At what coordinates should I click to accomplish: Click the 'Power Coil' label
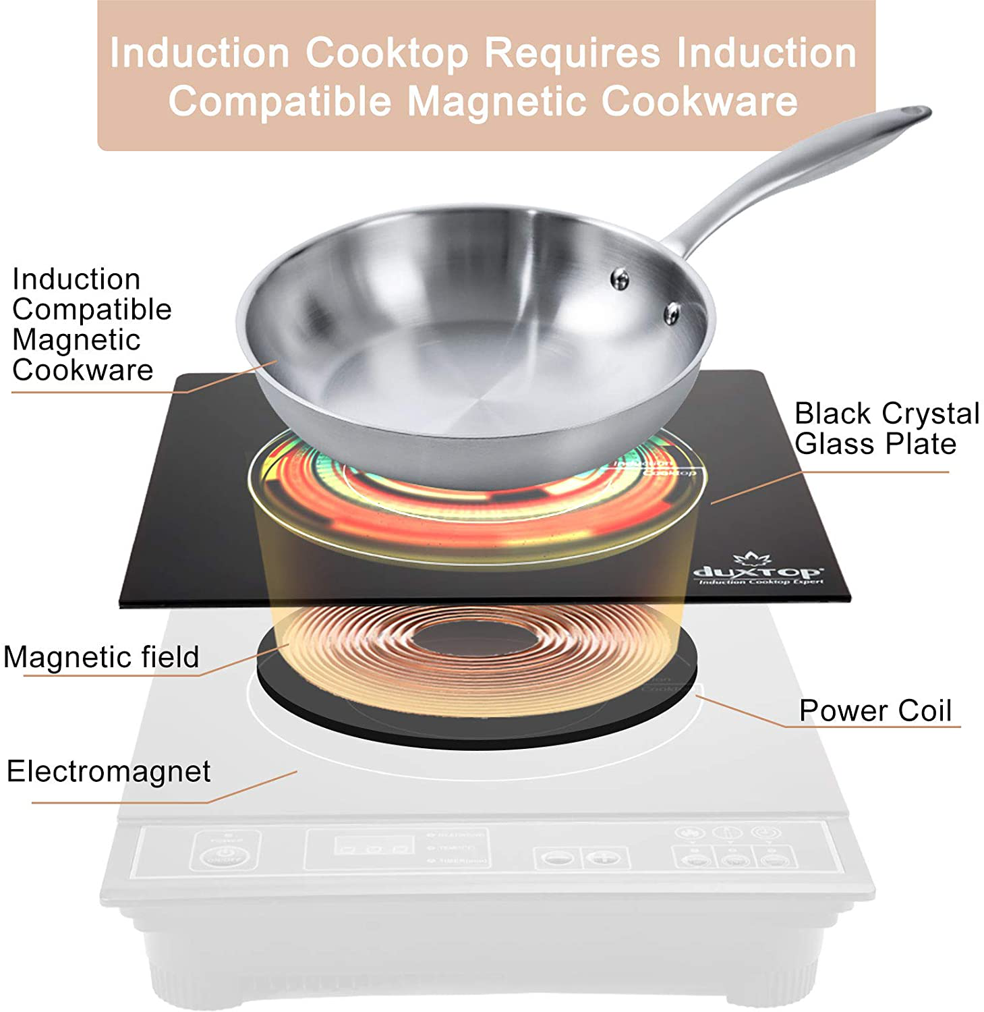pos(875,710)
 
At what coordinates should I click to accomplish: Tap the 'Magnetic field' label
pos(101,657)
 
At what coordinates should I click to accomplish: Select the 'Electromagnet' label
pos(109,771)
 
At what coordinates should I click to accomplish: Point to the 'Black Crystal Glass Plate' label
pos(886,428)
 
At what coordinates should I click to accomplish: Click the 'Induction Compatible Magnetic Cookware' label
pos(91,325)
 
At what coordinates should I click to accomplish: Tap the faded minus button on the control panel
pos(558,858)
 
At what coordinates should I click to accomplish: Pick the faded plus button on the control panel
pos(605,858)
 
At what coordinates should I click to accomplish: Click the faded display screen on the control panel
pos(373,846)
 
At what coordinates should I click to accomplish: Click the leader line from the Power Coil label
pos(742,710)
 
